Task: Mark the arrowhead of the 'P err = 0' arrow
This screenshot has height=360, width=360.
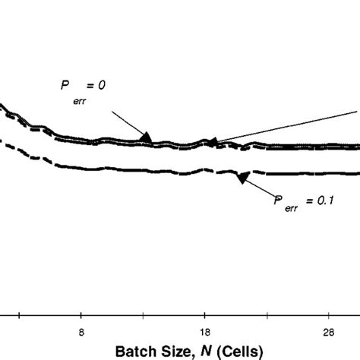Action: coord(147,137)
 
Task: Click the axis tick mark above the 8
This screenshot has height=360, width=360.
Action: coord(82,315)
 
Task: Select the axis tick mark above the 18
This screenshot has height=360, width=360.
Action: coord(204,315)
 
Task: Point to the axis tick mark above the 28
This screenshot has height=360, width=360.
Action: coord(327,315)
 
